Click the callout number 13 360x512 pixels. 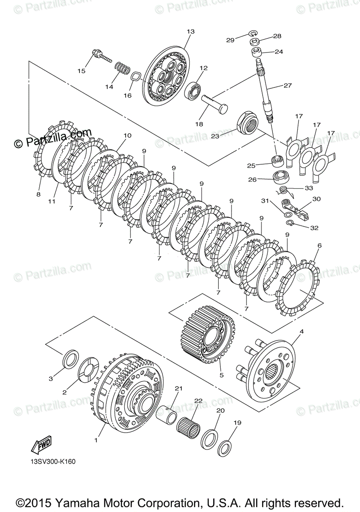click(x=190, y=32)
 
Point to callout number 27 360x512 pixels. click(x=287, y=85)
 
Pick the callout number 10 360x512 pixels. click(x=127, y=136)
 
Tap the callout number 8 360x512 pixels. click(x=38, y=194)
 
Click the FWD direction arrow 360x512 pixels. click(x=41, y=445)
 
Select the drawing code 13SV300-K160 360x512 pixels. click(x=56, y=461)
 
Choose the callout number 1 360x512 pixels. click(x=96, y=440)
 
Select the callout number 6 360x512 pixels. click(x=319, y=245)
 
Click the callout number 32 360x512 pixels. click(x=314, y=228)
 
